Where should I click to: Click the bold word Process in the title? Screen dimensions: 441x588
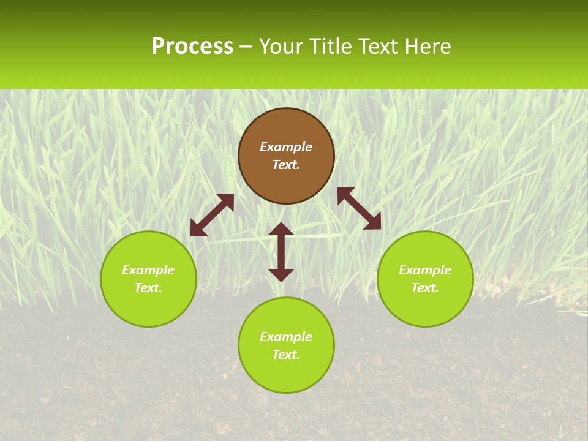(x=192, y=47)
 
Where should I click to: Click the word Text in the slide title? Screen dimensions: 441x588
(x=380, y=47)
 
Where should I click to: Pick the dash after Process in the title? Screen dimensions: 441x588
(x=246, y=47)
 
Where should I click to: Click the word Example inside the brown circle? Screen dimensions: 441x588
(x=286, y=147)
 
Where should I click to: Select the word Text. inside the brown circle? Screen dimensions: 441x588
(x=286, y=165)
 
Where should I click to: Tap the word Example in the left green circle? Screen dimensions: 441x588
(x=148, y=270)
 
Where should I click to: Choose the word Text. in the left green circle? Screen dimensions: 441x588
(x=148, y=288)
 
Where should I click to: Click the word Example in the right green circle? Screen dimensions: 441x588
(x=425, y=270)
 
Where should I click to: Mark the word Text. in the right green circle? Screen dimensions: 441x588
(x=425, y=288)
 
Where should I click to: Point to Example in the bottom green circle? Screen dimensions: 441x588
(x=286, y=337)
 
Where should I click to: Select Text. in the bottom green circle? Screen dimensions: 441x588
(x=286, y=355)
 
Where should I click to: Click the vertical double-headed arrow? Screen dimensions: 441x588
(x=281, y=252)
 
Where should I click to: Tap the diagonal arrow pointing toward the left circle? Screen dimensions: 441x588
(x=212, y=215)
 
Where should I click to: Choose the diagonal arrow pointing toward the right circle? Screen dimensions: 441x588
(x=359, y=208)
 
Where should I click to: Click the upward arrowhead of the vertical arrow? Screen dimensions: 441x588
(x=281, y=228)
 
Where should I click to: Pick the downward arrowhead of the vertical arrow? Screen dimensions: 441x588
(x=281, y=275)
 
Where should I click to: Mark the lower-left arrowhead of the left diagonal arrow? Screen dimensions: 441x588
(x=197, y=229)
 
